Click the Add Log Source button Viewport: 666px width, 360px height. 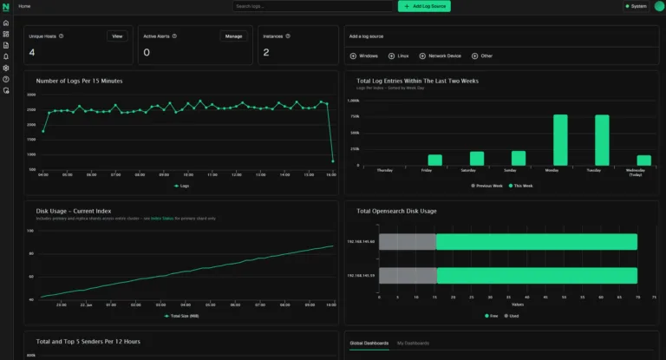point(424,6)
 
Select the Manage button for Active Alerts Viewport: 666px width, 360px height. point(233,36)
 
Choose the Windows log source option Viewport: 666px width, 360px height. point(363,56)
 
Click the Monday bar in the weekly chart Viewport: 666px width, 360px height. point(560,140)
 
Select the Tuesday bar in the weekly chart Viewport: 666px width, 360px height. point(602,140)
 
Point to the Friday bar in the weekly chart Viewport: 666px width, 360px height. point(434,160)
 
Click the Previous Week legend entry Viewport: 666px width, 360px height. point(487,186)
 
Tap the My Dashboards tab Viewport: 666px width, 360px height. point(413,344)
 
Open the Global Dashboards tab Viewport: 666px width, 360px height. point(369,344)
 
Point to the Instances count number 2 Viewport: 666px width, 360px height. point(266,53)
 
